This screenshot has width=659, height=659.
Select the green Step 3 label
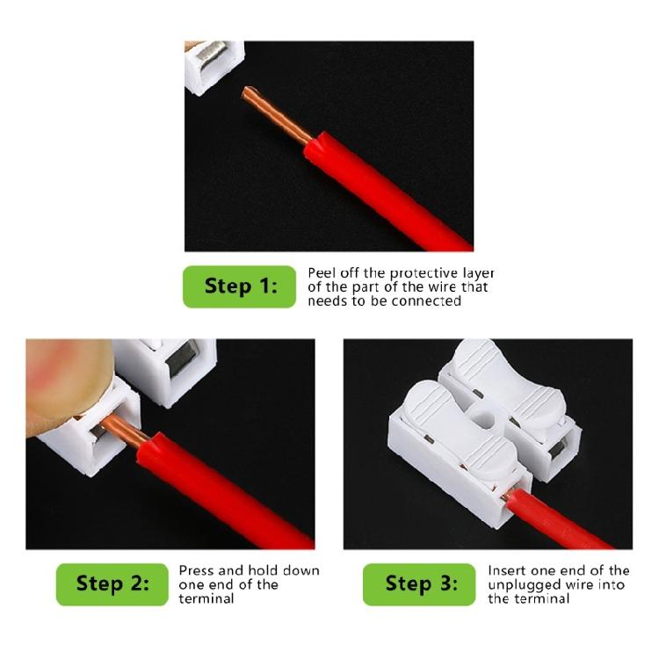point(421,583)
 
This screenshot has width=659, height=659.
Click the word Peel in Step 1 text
point(322,273)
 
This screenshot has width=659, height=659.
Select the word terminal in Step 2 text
point(206,598)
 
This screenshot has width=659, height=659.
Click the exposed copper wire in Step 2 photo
point(119,427)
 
